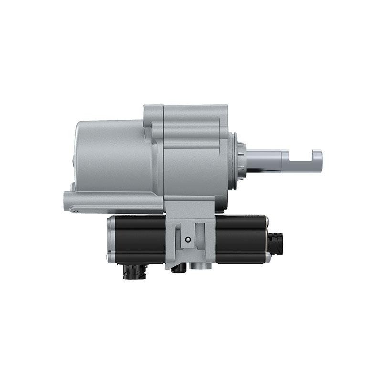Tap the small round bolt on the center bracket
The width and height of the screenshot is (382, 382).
tap(188, 239)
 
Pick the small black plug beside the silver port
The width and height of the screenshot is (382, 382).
tap(179, 268)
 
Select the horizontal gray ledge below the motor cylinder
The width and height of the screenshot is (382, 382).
tap(115, 201)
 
